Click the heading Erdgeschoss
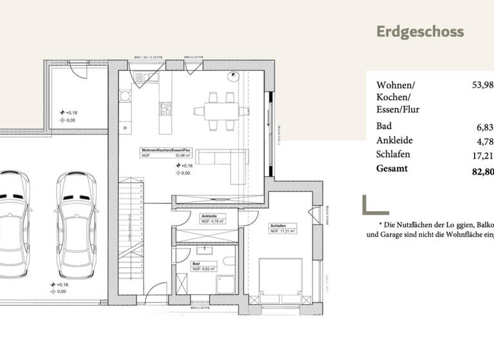click(419, 32)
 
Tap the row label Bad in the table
click(384, 127)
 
